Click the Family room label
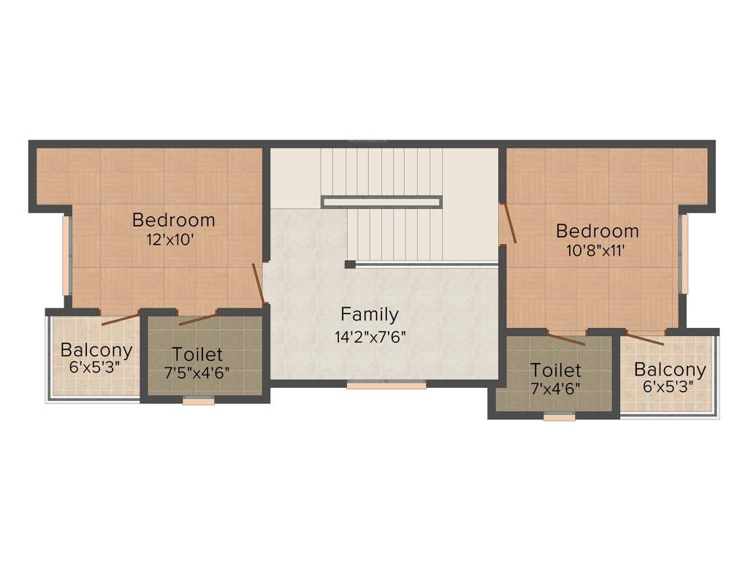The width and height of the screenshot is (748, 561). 370,315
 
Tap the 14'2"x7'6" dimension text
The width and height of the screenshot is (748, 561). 370,337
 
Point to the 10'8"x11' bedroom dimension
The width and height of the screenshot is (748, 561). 597,251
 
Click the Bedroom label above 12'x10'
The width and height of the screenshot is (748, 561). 174,220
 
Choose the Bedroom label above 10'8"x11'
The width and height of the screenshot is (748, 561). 597,232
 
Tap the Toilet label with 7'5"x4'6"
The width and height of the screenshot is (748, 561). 197,355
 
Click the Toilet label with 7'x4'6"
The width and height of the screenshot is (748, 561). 556,370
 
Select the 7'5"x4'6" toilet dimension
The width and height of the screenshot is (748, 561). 197,372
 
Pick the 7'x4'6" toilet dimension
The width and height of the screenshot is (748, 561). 556,388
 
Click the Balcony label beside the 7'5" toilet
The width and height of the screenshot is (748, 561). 96,350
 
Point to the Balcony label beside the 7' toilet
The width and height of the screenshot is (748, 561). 670,370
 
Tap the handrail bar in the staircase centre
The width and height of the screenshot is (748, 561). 381,202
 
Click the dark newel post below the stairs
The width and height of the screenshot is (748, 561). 350,264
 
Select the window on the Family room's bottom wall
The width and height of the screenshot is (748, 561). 386,384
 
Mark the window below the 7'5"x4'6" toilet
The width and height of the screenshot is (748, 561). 198,400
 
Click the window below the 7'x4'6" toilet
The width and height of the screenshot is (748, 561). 559,418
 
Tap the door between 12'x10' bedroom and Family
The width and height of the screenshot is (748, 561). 259,285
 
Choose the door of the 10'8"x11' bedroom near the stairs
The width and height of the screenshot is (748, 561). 509,222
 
